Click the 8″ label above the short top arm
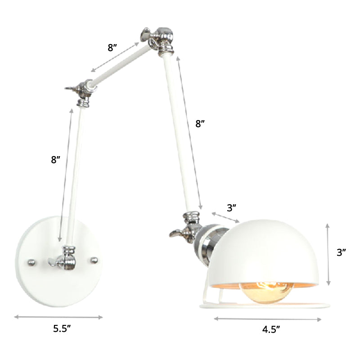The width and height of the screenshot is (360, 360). coord(112,48)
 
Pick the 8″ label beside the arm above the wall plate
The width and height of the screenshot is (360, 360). coord(56,159)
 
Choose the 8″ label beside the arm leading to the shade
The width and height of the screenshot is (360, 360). coord(200,124)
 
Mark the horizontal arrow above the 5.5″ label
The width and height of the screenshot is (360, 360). coord(59,317)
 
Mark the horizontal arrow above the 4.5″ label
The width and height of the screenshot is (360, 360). coord(268,319)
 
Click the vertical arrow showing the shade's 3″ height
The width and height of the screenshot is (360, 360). coord(329,254)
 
